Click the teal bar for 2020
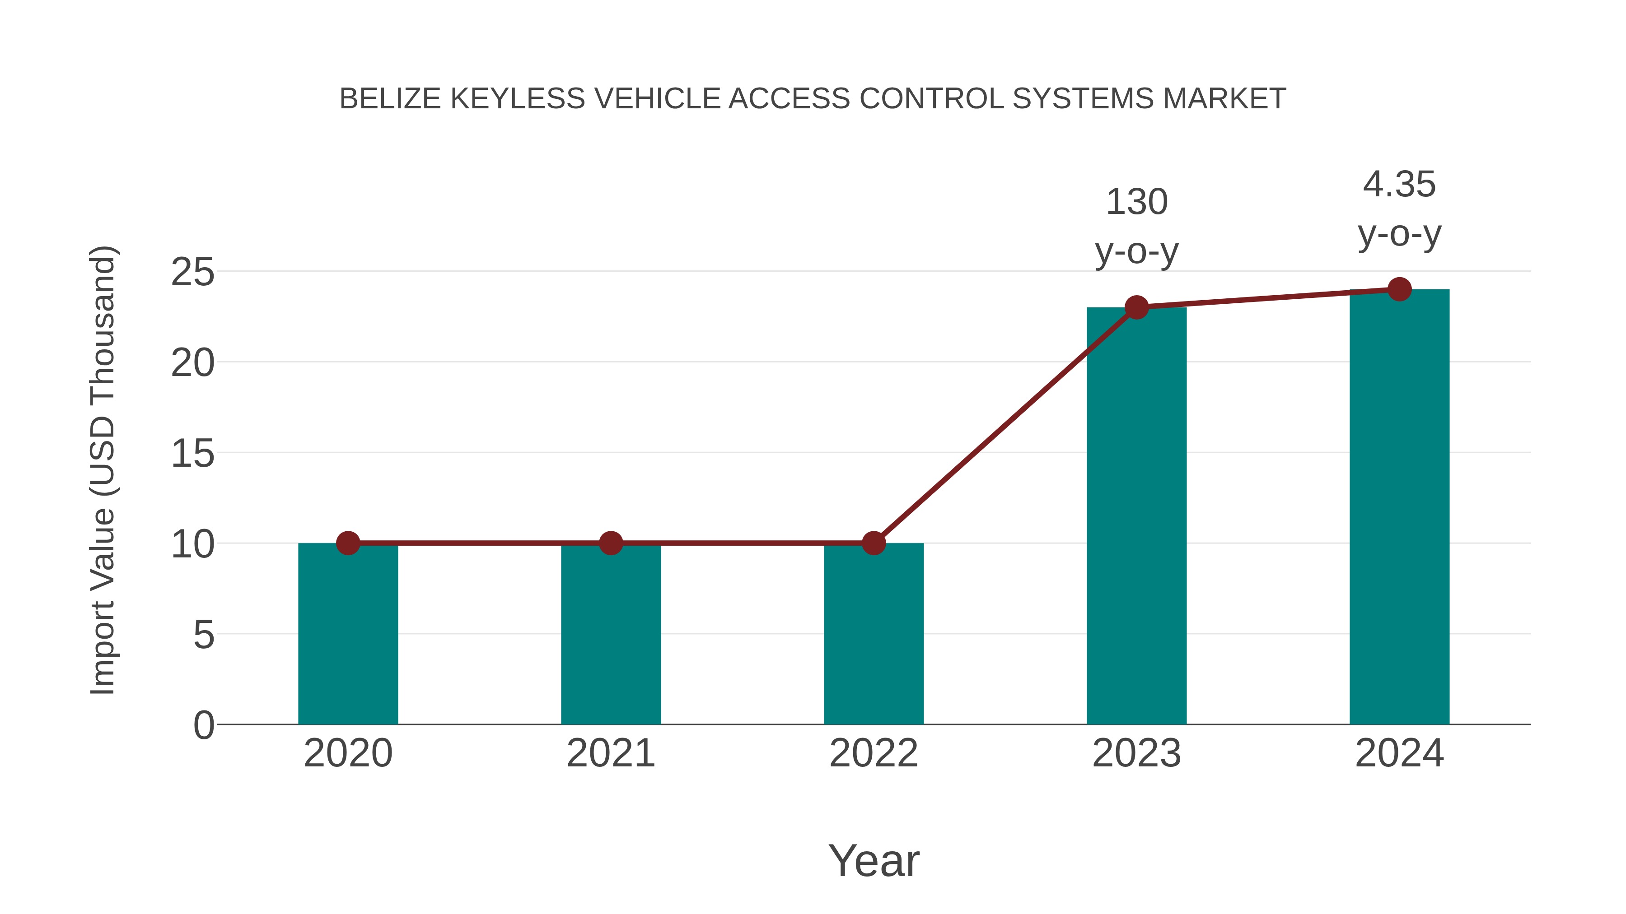(x=348, y=634)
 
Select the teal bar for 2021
(x=610, y=634)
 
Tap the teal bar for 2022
(x=874, y=634)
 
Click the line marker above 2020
(x=348, y=543)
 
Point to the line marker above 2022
(x=874, y=543)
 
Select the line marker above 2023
(x=1136, y=308)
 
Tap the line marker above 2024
(x=1399, y=289)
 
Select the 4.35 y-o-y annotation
(x=1399, y=209)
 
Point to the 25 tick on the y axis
(x=192, y=273)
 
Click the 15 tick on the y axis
(x=192, y=454)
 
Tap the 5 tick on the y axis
(x=203, y=635)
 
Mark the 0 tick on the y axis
(x=203, y=725)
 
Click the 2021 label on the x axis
(x=610, y=753)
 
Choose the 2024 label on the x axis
(x=1399, y=753)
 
